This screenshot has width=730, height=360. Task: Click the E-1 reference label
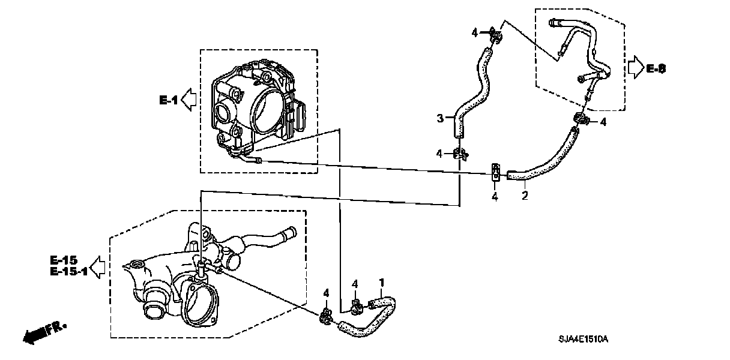pyautogui.click(x=169, y=101)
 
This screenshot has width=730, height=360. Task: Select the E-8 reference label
pyautogui.click(x=656, y=69)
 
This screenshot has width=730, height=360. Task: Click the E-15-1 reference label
pyautogui.click(x=68, y=271)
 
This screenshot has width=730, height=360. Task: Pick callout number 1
pyautogui.click(x=380, y=281)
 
